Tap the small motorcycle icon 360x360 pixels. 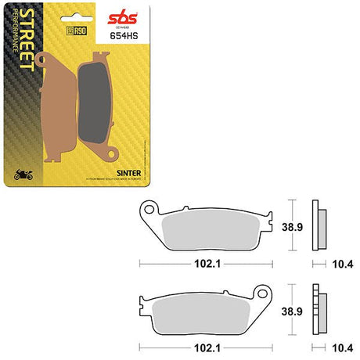[x=23, y=172]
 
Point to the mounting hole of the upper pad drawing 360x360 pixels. [x=146, y=209]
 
